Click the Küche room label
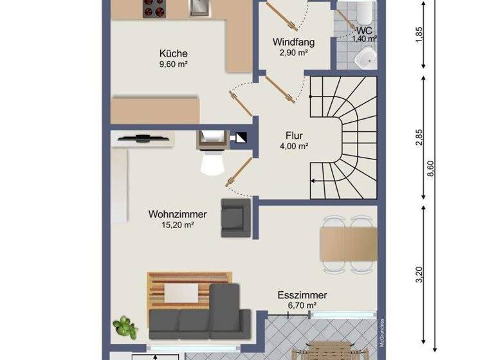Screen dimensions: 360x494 [x=174, y=53]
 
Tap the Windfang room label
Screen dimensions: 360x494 [x=293, y=42]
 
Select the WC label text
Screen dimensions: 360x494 [x=365, y=30]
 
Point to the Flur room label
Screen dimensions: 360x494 [x=295, y=136]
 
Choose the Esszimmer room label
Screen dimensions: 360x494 [x=302, y=295]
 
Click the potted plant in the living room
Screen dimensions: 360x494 [x=125, y=328]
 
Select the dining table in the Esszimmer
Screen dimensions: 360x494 [x=348, y=245]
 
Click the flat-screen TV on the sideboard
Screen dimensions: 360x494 [x=142, y=136]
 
